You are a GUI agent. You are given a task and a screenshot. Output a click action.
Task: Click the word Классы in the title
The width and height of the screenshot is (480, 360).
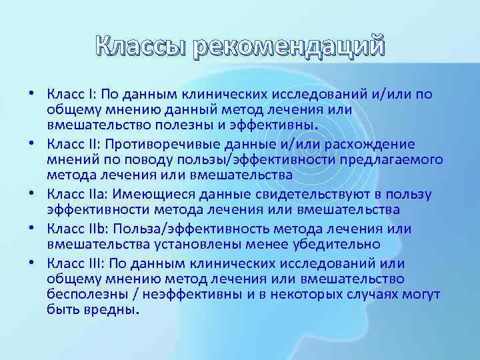tap(141, 47)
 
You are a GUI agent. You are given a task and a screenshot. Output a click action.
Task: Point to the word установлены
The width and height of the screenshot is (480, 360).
tap(217, 245)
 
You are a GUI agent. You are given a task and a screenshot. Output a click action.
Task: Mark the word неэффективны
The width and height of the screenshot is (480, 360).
tap(176, 294)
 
